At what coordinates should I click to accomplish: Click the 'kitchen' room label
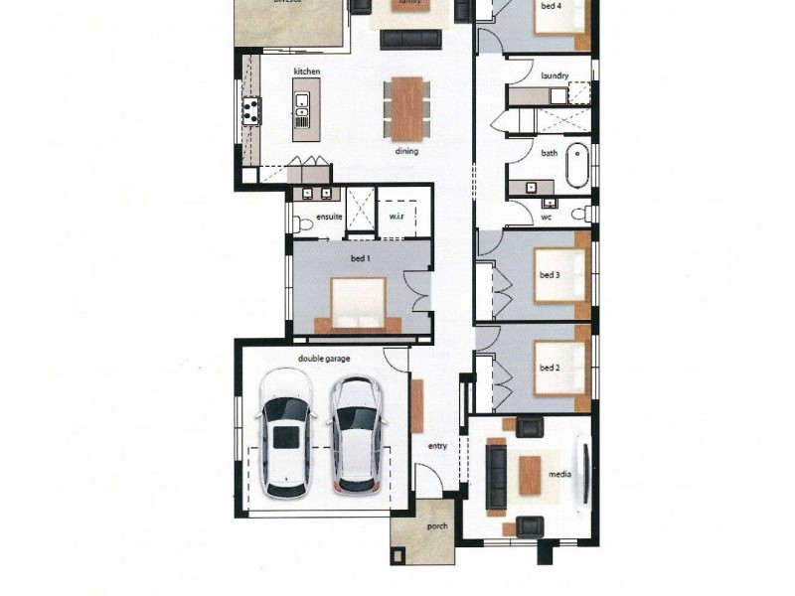pos(306,73)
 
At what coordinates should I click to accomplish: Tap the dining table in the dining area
pos(406,109)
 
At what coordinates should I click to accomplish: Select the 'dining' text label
pos(406,152)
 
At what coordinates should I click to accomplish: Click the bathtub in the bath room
pos(577,168)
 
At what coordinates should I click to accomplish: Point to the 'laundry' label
pos(555,75)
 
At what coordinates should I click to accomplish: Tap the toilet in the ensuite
pos(303,225)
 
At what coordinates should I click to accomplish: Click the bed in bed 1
pos(358,305)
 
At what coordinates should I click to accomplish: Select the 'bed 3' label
pos(550,275)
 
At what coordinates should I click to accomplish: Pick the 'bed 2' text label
pos(550,368)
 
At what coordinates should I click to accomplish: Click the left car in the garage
pos(285,432)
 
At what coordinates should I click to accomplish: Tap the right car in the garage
pos(355,432)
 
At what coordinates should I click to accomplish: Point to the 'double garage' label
pos(324,359)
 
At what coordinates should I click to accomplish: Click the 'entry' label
pos(437,446)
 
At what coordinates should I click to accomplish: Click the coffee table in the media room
pos(530,475)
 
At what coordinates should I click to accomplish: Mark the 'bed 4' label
pos(550,6)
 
